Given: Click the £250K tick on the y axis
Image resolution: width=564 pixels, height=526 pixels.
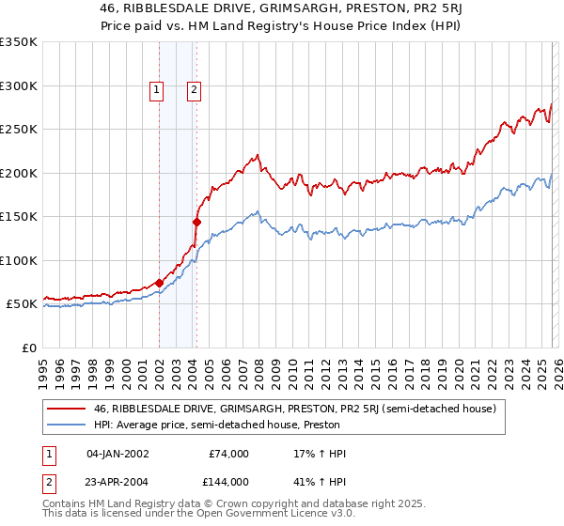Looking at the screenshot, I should click(x=19, y=130).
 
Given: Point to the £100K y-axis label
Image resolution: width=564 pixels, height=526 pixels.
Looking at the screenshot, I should click(x=19, y=260).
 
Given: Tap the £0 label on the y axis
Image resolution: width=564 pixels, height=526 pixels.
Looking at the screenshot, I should click(x=28, y=348).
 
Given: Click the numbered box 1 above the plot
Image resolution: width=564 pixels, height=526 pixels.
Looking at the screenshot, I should click(x=156, y=90).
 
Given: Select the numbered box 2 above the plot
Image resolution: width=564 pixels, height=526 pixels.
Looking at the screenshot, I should click(x=193, y=90).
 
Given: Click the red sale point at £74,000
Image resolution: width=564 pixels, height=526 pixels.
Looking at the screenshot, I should click(x=159, y=283).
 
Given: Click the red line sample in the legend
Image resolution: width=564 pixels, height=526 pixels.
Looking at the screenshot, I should click(x=67, y=409).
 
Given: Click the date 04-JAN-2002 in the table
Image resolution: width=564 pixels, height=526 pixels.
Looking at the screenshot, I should click(x=117, y=454).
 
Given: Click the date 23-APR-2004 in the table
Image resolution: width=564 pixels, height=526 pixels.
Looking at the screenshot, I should click(x=117, y=481).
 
